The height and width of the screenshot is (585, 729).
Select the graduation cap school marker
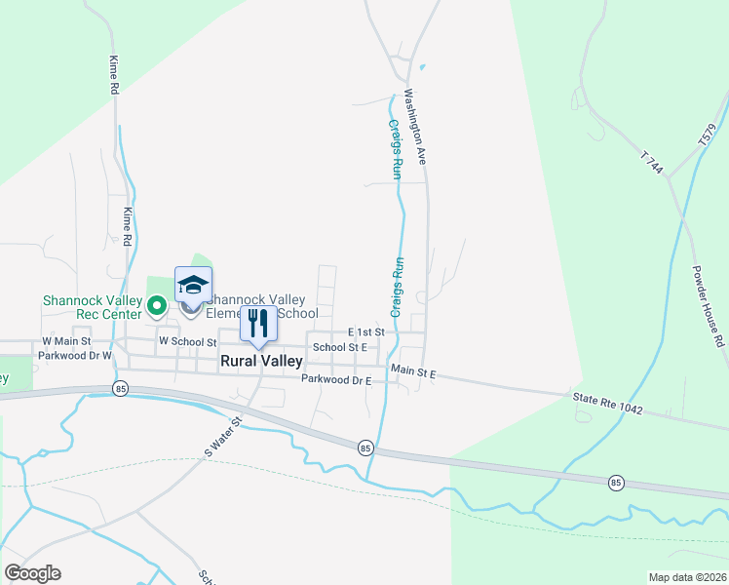(193, 285)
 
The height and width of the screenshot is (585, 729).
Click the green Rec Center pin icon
(156, 307)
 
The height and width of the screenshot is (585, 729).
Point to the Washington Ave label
(416, 127)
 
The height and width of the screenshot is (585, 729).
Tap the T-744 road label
(652, 163)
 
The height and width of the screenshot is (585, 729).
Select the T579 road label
(706, 136)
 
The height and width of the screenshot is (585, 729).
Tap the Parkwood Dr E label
(336, 379)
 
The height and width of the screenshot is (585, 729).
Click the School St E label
(339, 347)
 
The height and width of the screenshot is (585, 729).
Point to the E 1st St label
(365, 332)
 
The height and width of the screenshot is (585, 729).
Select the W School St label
(186, 342)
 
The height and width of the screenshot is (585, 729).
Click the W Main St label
(66, 342)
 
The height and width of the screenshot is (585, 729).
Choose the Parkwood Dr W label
(75, 356)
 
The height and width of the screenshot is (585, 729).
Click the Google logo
(32, 573)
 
